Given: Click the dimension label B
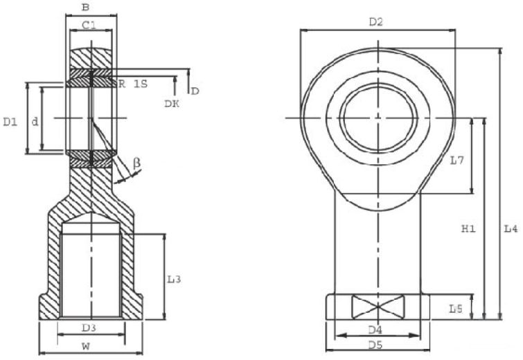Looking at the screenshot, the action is click(86, 8).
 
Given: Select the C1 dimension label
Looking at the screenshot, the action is click(89, 25).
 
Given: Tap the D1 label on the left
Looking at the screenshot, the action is click(10, 123).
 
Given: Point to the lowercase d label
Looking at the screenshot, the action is click(35, 122).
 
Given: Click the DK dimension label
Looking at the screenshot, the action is click(172, 104).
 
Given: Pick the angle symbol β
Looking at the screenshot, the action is click(136, 163).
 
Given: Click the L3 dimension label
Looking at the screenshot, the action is click(174, 279).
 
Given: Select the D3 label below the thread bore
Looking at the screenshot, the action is click(89, 328).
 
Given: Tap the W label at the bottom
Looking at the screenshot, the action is click(86, 347).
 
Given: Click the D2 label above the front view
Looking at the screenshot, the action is click(376, 22).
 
